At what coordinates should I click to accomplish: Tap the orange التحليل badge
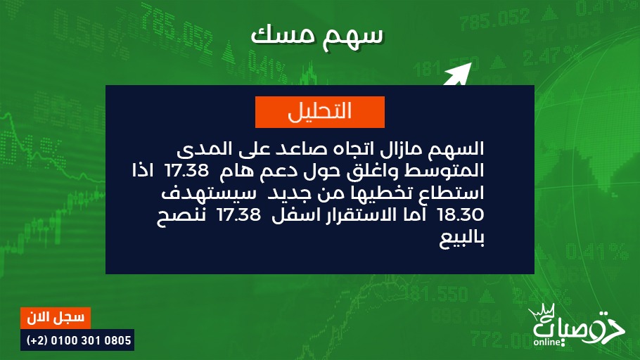[x=319, y=112]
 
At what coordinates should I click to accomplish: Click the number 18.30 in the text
[x=461, y=214]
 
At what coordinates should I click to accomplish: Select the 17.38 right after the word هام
[x=186, y=171]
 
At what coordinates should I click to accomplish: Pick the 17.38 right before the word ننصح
[x=239, y=214]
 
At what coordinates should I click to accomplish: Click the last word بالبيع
[x=461, y=238]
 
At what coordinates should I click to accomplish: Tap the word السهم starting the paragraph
[x=458, y=149]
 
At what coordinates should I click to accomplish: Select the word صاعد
[x=300, y=149]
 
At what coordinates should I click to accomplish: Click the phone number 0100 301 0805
[x=91, y=340]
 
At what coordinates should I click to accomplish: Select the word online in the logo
[x=547, y=342]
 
